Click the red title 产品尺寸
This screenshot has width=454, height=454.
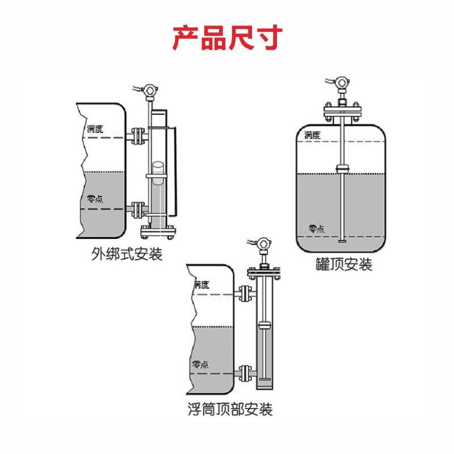[227, 38]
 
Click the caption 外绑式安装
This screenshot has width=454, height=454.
[127, 254]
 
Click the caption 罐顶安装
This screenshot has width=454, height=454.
[344, 264]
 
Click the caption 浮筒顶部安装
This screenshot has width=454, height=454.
[230, 409]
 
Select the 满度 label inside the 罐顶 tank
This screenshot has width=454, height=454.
[312, 135]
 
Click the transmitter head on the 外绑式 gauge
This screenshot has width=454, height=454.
[149, 90]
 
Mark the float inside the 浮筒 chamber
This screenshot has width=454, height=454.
[264, 326]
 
